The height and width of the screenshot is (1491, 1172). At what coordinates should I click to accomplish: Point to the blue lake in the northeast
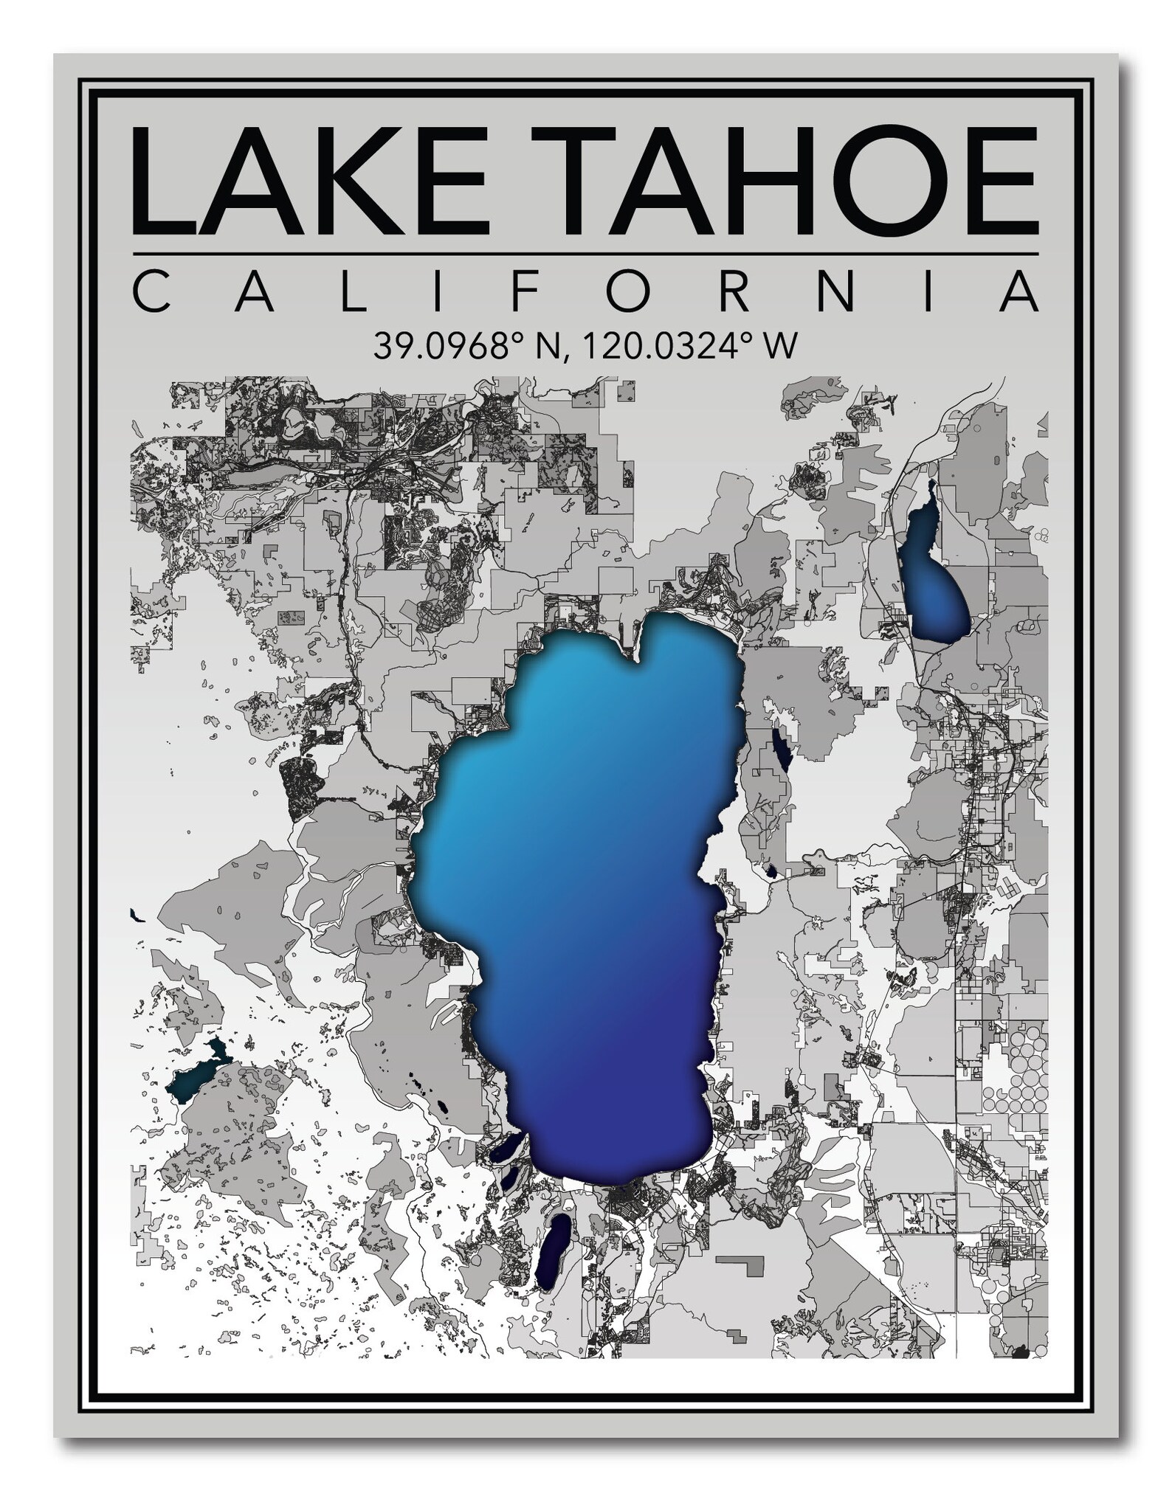click(934, 575)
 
